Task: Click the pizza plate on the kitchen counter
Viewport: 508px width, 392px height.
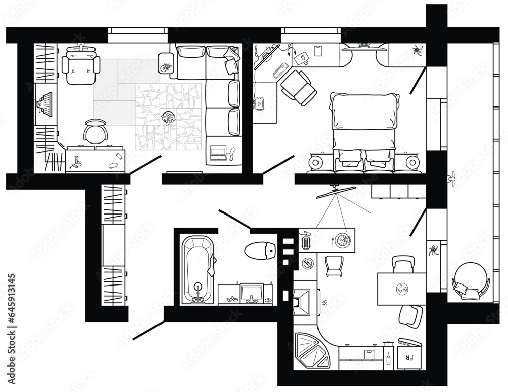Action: pos(342,239)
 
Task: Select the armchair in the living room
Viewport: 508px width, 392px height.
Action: pos(81,66)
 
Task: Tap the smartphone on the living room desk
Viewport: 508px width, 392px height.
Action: pos(119,155)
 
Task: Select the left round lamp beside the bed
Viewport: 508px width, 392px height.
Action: pos(316,163)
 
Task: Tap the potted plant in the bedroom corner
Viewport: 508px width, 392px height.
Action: pos(417,51)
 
